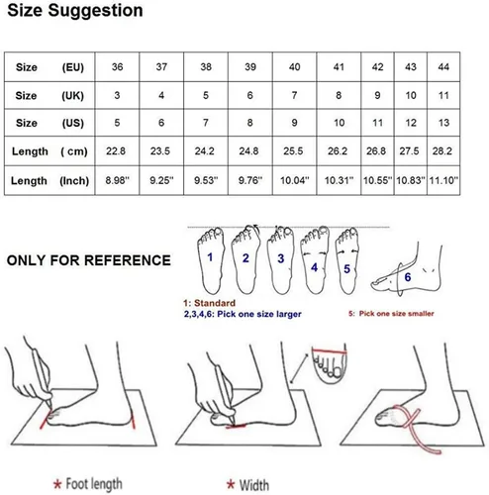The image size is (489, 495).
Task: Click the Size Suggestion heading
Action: point(75,11)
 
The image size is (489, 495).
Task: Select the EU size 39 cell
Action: point(250,67)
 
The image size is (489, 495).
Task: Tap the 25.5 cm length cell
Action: point(293,151)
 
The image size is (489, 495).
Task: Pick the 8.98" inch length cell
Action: point(117,180)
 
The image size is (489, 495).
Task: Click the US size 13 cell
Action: point(443,123)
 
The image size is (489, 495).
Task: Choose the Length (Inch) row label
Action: point(49,181)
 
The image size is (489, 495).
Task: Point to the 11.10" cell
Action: point(443,180)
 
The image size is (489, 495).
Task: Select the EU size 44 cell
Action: point(443,67)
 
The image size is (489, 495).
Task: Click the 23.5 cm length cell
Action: point(160,151)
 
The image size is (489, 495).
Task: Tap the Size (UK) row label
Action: point(49,96)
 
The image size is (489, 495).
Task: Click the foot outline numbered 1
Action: point(211,260)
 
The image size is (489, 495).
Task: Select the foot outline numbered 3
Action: point(281,260)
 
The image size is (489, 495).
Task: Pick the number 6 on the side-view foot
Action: point(408,277)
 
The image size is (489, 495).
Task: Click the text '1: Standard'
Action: point(209,303)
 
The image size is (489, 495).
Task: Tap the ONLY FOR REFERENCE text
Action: point(89,260)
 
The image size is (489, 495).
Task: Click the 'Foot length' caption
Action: point(94,484)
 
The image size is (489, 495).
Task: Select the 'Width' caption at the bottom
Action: point(253,485)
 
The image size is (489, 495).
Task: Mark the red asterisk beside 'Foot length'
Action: point(57,484)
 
